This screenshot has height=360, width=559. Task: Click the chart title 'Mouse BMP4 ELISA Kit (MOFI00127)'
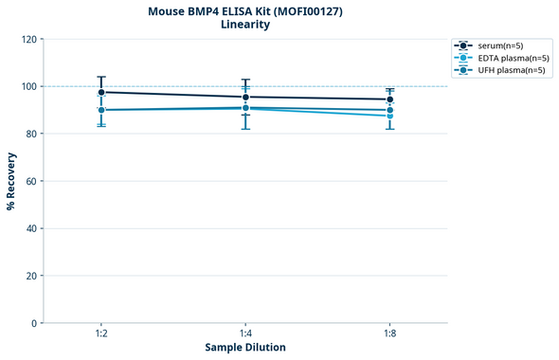point(245,10)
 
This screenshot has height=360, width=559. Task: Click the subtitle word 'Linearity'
point(245,25)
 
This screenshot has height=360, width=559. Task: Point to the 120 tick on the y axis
point(28,39)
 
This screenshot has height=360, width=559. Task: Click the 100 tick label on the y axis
point(28,86)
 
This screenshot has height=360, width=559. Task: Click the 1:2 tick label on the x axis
point(101,334)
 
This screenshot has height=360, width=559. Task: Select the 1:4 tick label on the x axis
point(245,334)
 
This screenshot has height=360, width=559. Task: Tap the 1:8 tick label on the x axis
point(389,334)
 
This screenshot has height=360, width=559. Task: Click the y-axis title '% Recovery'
point(11,181)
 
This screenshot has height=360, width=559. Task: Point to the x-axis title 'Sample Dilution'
point(245,348)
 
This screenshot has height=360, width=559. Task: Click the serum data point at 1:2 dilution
point(101,92)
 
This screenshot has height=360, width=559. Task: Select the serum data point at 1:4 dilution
point(245,97)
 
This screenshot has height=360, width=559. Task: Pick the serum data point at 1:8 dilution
point(389,99)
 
